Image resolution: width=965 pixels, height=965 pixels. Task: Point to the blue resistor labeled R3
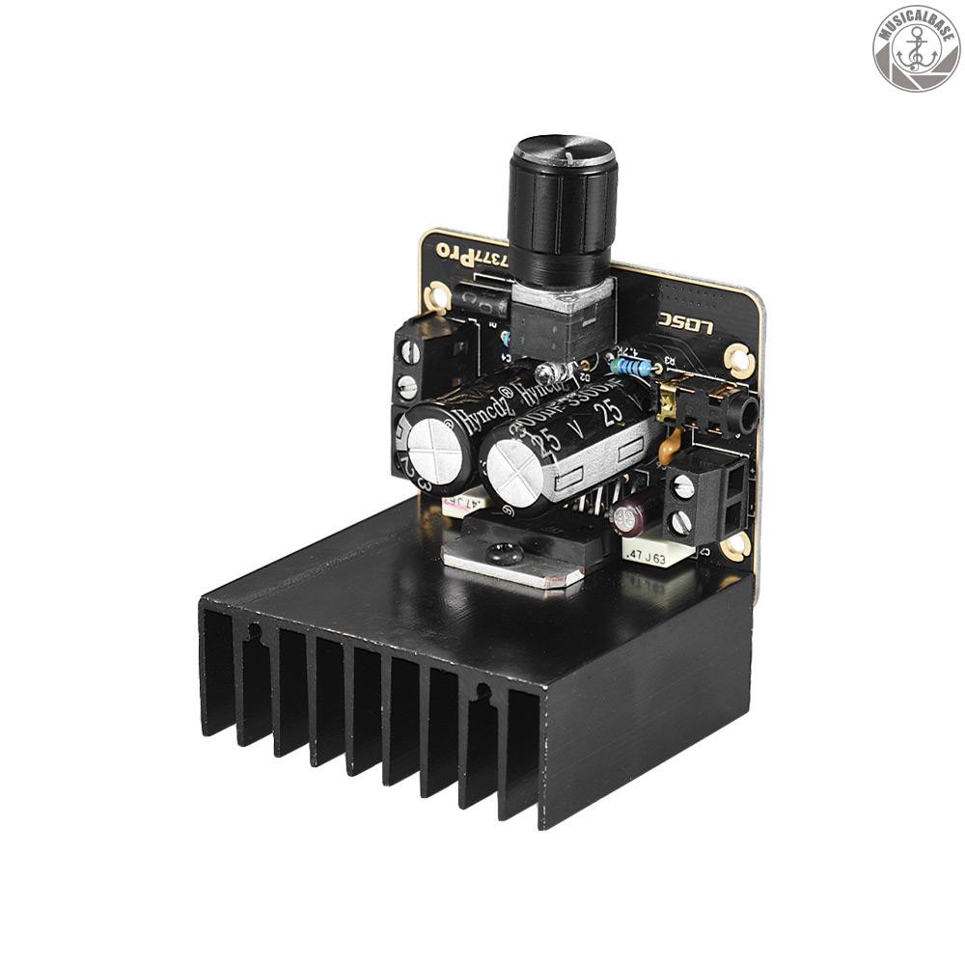(x=629, y=366)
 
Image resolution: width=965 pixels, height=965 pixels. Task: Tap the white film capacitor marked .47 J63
(x=657, y=554)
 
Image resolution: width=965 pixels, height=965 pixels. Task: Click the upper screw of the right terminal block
(x=685, y=486)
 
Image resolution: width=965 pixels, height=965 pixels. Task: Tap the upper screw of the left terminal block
(x=411, y=349)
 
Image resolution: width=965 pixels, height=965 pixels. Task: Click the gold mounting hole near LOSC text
(x=738, y=358)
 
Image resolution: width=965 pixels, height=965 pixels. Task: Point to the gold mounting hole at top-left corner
(x=440, y=294)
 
